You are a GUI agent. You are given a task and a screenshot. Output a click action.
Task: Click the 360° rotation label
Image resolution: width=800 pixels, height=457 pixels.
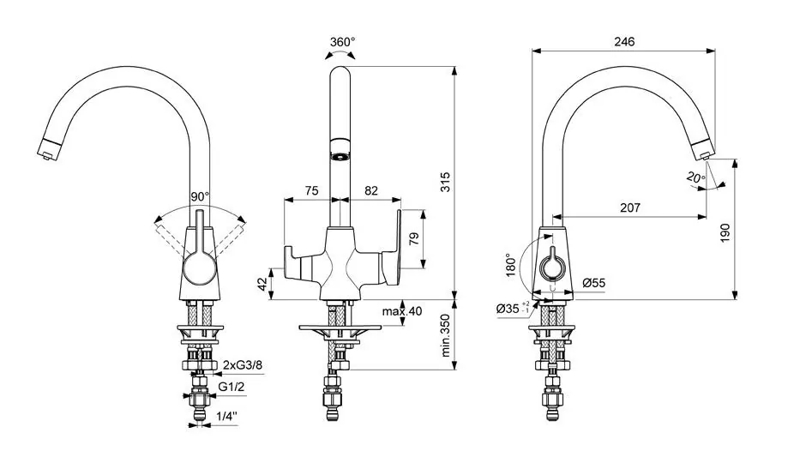342,42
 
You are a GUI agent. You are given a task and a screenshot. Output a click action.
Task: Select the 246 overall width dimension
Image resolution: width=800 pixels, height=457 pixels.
624,41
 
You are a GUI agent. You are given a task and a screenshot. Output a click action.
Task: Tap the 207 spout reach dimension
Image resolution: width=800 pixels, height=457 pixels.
629,207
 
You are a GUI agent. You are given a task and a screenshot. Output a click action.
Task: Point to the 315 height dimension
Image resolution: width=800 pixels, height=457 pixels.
445,182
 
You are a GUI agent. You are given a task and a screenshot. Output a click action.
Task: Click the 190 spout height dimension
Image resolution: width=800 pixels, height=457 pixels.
725,232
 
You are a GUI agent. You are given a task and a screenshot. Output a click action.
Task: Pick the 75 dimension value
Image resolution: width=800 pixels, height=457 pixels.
311,190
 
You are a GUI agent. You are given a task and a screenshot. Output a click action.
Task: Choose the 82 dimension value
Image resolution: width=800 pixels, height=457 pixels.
371,190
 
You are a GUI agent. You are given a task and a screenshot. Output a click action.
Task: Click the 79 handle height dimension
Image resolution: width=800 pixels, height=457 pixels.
414,238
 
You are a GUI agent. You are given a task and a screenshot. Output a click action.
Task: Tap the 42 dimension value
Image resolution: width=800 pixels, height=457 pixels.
262,284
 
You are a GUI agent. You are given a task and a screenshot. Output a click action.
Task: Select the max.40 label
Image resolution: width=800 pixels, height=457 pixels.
402,311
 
